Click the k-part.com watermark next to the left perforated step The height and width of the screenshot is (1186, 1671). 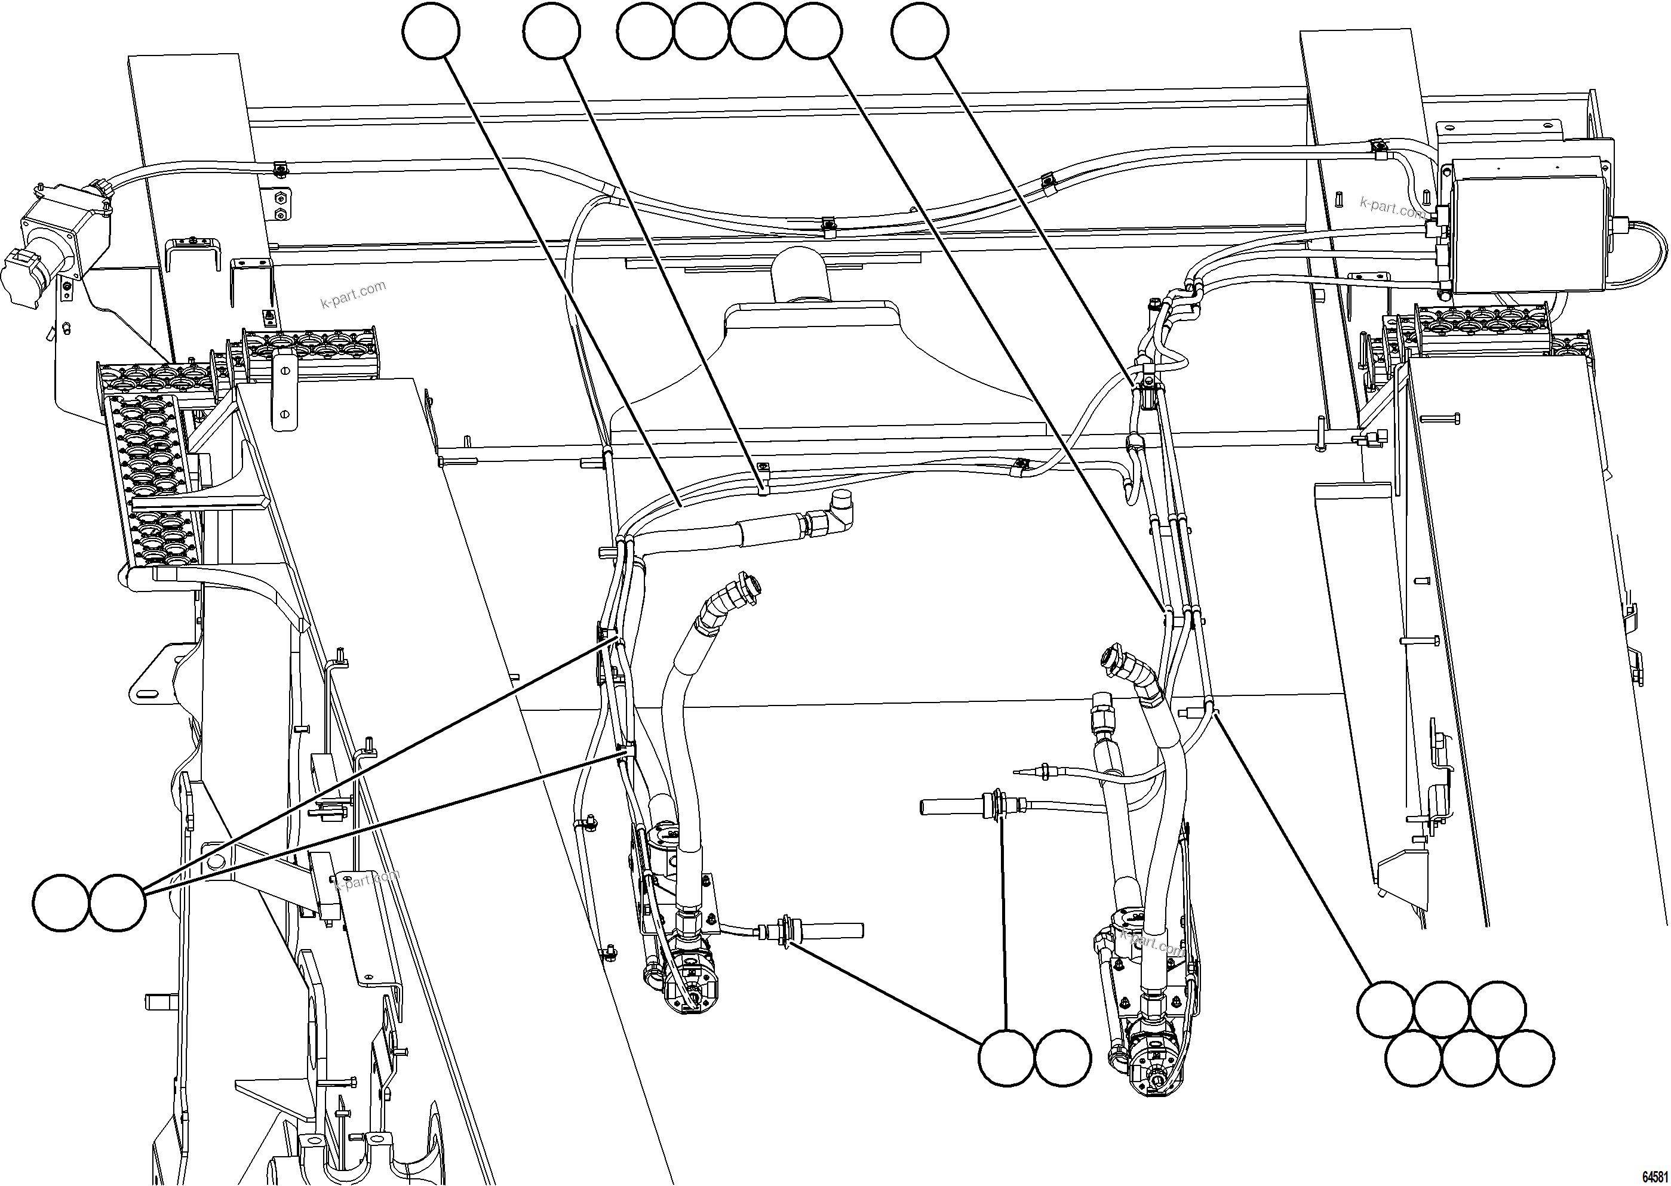353,294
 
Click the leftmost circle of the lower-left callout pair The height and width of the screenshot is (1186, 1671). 62,902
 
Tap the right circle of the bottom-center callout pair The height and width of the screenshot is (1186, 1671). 1063,1058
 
